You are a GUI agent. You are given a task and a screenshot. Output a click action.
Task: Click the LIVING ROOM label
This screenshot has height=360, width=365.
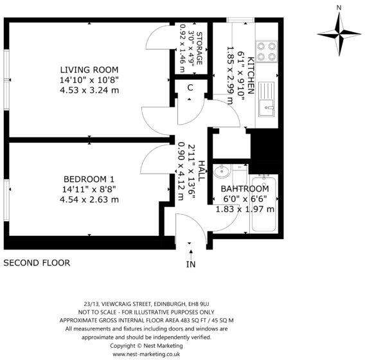pyautogui.click(x=89, y=69)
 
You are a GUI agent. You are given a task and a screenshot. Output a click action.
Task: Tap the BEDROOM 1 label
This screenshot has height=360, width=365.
pyautogui.click(x=89, y=179)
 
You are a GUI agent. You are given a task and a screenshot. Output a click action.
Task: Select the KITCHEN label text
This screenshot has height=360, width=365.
pyautogui.click(x=251, y=75)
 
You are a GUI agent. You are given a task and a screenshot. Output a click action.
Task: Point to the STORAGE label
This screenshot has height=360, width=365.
pyautogui.click(x=199, y=48)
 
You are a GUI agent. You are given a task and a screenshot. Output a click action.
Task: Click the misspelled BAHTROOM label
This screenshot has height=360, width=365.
pyautogui.click(x=245, y=188)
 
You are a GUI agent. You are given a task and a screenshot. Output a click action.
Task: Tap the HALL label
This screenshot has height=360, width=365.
pyautogui.click(x=201, y=171)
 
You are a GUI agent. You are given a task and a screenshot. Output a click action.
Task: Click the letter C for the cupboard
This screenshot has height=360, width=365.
pyautogui.click(x=190, y=88)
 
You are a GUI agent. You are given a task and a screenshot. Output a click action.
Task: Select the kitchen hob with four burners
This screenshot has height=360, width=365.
pyautogui.click(x=267, y=51)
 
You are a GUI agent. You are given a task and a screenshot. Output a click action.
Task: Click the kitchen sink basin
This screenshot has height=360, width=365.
pyautogui.click(x=266, y=108)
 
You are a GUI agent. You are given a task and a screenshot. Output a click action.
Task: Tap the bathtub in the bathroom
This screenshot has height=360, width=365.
pyautogui.click(x=263, y=204)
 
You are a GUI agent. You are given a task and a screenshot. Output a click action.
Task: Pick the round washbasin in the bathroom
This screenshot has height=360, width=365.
pyautogui.click(x=222, y=172)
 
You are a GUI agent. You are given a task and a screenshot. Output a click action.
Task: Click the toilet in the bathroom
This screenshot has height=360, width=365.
pyautogui.click(x=240, y=175)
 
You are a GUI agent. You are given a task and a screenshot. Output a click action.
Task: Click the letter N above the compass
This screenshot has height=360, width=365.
pyautogui.click(x=339, y=8)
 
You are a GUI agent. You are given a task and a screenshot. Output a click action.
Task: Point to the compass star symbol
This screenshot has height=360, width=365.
pyautogui.click(x=339, y=34)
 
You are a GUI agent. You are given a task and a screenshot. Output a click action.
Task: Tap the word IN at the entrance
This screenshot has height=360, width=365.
pyautogui.click(x=191, y=264)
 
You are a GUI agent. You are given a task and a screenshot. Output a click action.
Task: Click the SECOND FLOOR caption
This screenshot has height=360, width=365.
pyautogui.click(x=37, y=263)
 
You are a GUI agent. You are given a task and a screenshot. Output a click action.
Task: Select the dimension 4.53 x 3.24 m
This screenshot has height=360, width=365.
pyautogui.click(x=89, y=90)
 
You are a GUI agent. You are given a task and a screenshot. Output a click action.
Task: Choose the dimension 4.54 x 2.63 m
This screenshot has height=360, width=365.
pyautogui.click(x=89, y=199)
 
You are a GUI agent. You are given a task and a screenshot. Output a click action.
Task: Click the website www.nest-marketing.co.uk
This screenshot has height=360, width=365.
pyautogui.click(x=147, y=354)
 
